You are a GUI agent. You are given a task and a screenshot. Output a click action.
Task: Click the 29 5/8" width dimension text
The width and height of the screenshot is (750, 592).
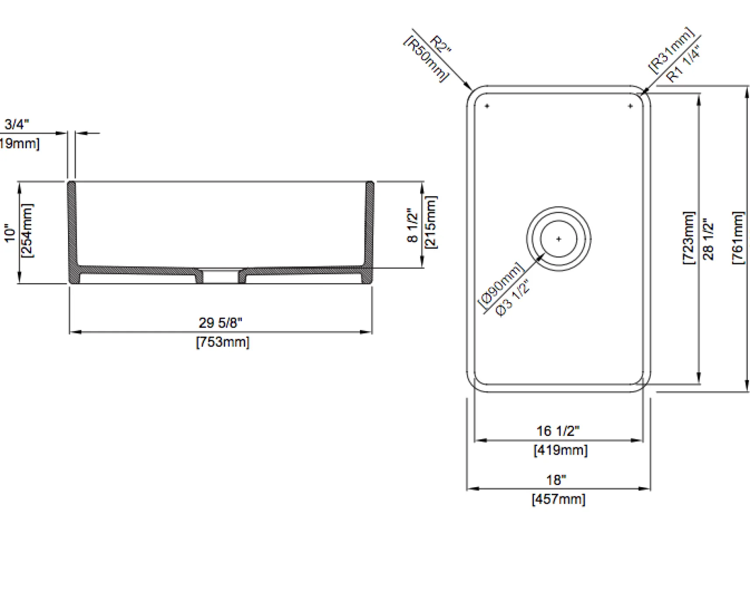(220, 323)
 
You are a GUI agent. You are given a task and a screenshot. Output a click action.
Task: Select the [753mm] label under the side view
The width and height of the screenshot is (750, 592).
(223, 342)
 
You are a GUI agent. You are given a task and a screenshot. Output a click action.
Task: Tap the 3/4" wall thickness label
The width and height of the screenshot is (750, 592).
(17, 124)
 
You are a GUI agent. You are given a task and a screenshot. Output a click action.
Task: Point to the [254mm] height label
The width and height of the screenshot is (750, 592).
(27, 230)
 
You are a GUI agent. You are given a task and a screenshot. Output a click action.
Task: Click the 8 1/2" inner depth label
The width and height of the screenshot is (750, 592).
(412, 225)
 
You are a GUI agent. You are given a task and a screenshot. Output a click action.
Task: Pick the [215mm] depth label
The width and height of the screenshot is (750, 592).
(431, 222)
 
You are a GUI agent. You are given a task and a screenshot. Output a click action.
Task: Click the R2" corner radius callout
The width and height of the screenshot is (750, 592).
(440, 45)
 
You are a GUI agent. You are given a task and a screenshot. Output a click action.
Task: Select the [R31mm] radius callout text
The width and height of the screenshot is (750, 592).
(671, 50)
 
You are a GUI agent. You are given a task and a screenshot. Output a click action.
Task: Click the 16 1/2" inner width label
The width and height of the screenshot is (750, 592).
(558, 431)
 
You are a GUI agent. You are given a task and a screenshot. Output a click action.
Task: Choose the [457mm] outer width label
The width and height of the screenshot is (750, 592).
(558, 499)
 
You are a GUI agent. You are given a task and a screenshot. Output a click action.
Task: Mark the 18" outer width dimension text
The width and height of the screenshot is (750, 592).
(556, 480)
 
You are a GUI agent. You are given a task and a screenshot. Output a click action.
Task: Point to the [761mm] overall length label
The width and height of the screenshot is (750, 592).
(738, 238)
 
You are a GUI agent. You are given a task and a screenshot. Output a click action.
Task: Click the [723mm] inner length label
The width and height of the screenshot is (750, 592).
(689, 238)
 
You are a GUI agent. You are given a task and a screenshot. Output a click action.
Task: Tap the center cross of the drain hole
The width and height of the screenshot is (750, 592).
(558, 239)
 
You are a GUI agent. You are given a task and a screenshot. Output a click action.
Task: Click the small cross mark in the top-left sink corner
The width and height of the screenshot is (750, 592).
(487, 106)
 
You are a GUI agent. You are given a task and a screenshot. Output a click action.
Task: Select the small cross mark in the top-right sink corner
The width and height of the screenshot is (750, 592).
(630, 106)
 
